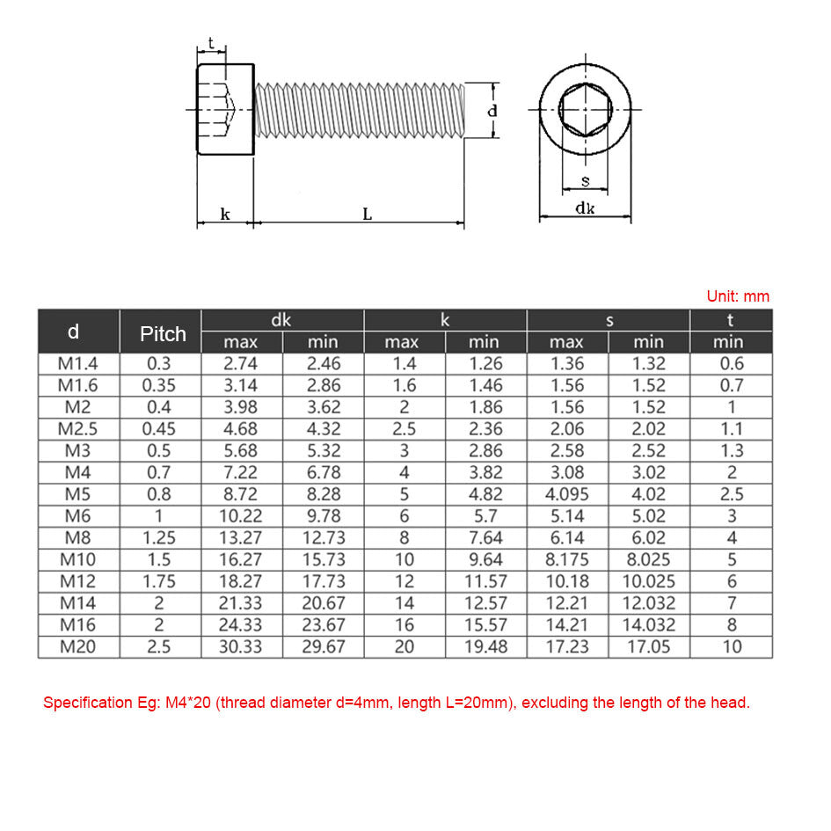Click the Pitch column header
tap(163, 334)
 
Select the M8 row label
tap(78, 537)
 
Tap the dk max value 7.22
tap(240, 472)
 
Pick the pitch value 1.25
tap(159, 537)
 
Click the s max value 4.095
tap(566, 494)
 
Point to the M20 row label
tap(78, 646)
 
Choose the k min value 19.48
tap(485, 646)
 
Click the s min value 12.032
tap(648, 603)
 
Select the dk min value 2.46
tap(324, 363)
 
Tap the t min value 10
tap(732, 646)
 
